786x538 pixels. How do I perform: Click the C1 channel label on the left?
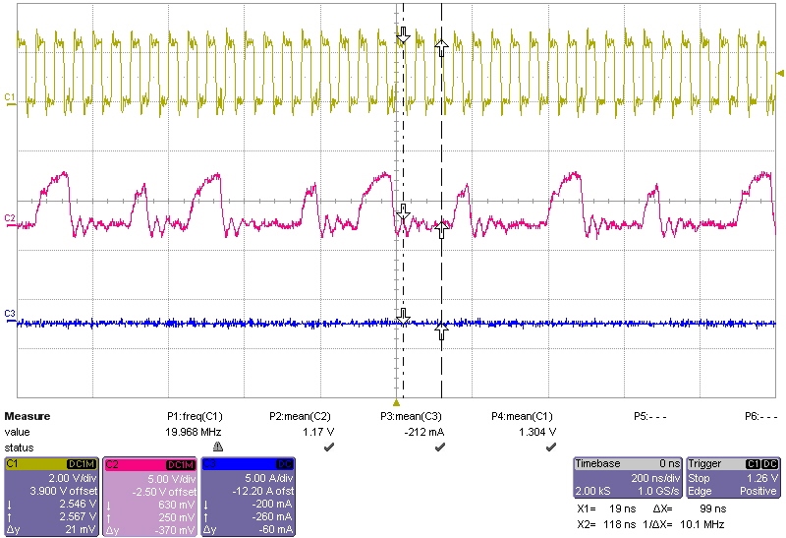[10, 96]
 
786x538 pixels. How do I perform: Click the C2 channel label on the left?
[10, 217]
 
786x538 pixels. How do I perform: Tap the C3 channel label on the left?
[10, 313]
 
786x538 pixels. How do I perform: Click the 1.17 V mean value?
[304, 431]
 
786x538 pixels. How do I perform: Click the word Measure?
[28, 416]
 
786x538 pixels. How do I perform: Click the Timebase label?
[597, 463]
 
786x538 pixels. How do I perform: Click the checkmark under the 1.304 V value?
[551, 446]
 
